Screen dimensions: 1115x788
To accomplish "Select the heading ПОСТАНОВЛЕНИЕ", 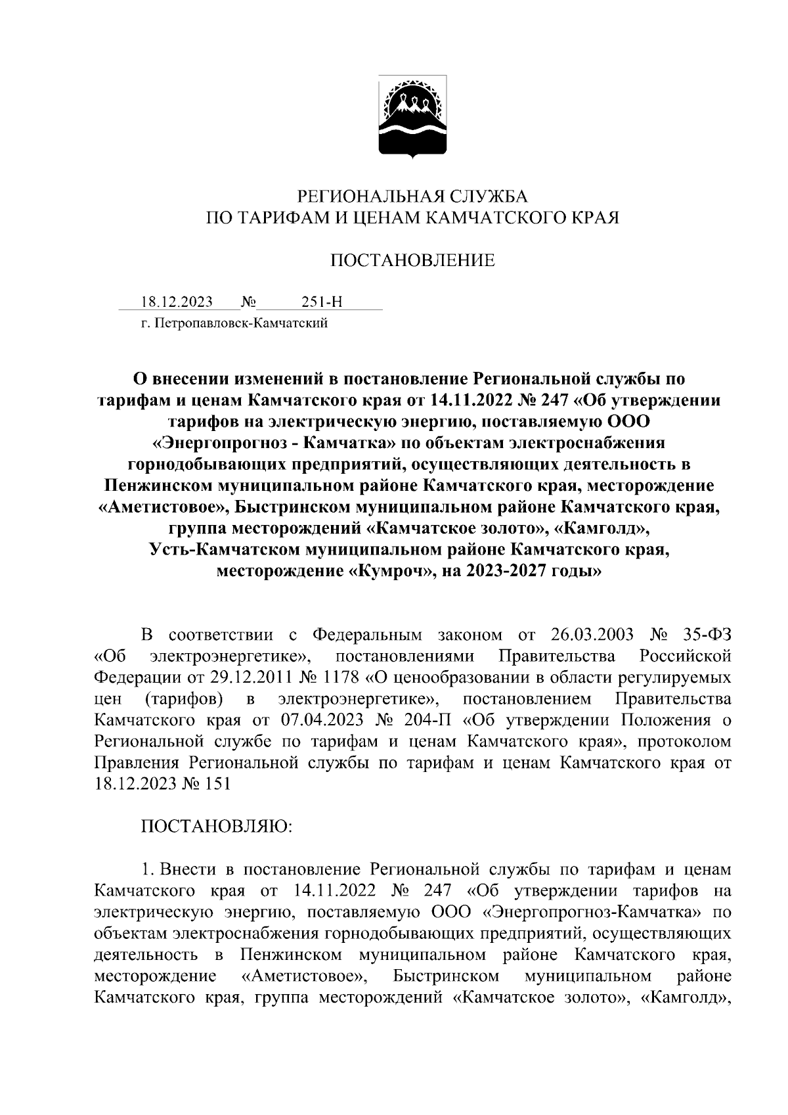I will point(412,261).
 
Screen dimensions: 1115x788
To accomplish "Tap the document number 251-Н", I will point(322,302).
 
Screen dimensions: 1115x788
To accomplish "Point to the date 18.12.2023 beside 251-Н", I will point(177,302).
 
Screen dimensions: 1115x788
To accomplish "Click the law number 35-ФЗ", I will point(705,635).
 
